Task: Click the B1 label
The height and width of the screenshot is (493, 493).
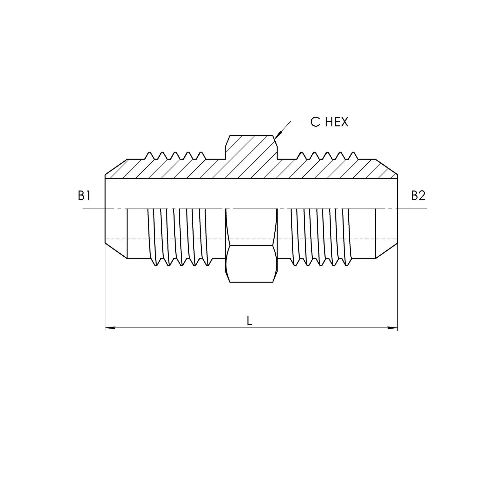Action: [84, 196]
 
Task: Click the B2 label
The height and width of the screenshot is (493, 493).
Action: [418, 196]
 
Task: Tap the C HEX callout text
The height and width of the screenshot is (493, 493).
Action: [329, 122]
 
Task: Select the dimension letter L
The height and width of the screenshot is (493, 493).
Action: [249, 320]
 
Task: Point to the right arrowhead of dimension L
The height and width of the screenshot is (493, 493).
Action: [392, 328]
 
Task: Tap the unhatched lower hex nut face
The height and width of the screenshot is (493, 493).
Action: [251, 264]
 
